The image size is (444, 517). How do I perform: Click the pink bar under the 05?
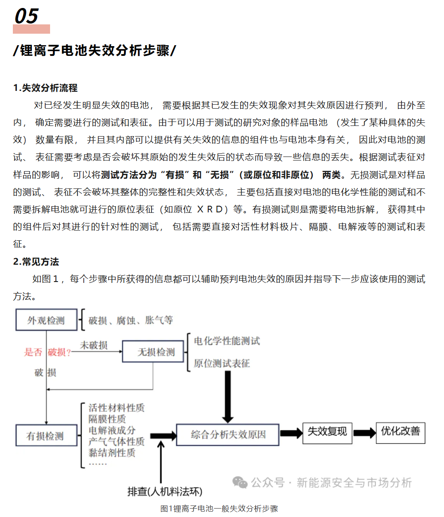31,29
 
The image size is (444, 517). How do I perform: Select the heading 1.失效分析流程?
45,88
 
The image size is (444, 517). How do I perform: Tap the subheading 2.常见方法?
36,262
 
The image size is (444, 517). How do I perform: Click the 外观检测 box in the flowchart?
46,320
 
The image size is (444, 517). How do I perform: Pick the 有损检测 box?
46,436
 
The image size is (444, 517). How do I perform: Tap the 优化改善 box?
401,431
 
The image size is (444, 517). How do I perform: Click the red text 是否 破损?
47,352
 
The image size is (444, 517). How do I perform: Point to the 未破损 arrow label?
93,345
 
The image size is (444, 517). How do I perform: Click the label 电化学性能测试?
227,341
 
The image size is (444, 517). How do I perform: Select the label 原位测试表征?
222,364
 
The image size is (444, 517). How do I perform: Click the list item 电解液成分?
112,430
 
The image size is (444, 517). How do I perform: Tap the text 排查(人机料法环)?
164,491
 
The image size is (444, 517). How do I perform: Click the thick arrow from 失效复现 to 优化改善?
364,433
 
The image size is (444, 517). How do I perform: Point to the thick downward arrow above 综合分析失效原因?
228,396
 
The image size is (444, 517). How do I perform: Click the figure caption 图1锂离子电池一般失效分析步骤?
219,509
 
